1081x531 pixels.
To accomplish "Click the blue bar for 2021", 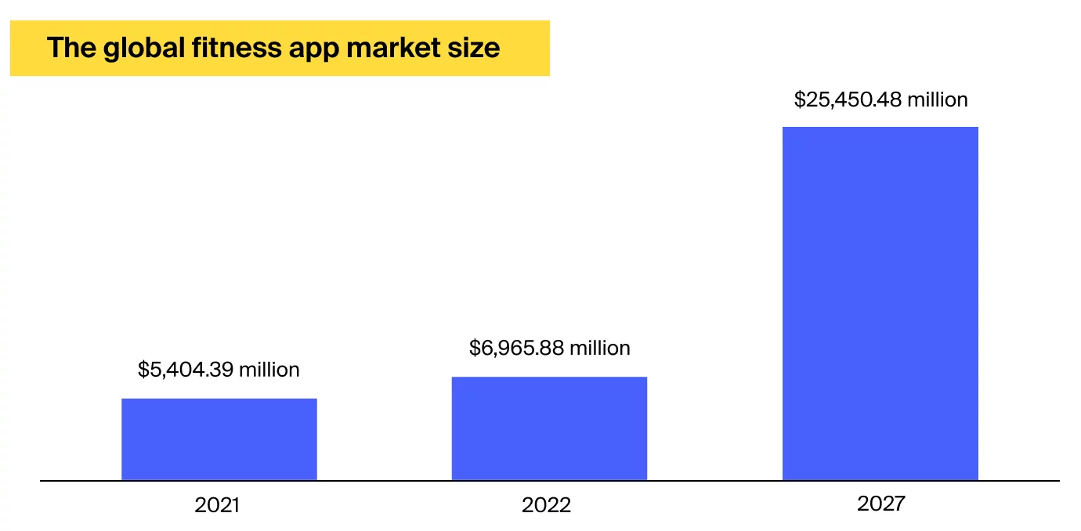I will (x=219, y=439).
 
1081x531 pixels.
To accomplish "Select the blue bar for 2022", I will (x=549, y=428).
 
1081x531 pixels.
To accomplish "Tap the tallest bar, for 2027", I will (x=880, y=303).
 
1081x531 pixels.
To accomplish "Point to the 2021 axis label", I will (x=217, y=505).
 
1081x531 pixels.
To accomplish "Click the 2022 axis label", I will (x=547, y=505).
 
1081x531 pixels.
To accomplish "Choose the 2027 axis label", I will (x=880, y=504).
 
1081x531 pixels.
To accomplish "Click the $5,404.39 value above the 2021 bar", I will (x=185, y=370).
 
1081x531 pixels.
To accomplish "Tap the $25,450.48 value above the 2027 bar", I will (x=847, y=100).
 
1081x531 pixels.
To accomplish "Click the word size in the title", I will (x=473, y=49).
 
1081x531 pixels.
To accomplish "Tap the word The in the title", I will (x=70, y=49).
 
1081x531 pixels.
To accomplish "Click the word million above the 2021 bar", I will (x=269, y=370).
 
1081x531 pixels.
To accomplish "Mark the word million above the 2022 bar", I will (x=600, y=348).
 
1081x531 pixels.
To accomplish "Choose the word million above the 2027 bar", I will (x=937, y=100).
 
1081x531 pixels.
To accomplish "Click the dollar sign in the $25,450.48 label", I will (x=799, y=100).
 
